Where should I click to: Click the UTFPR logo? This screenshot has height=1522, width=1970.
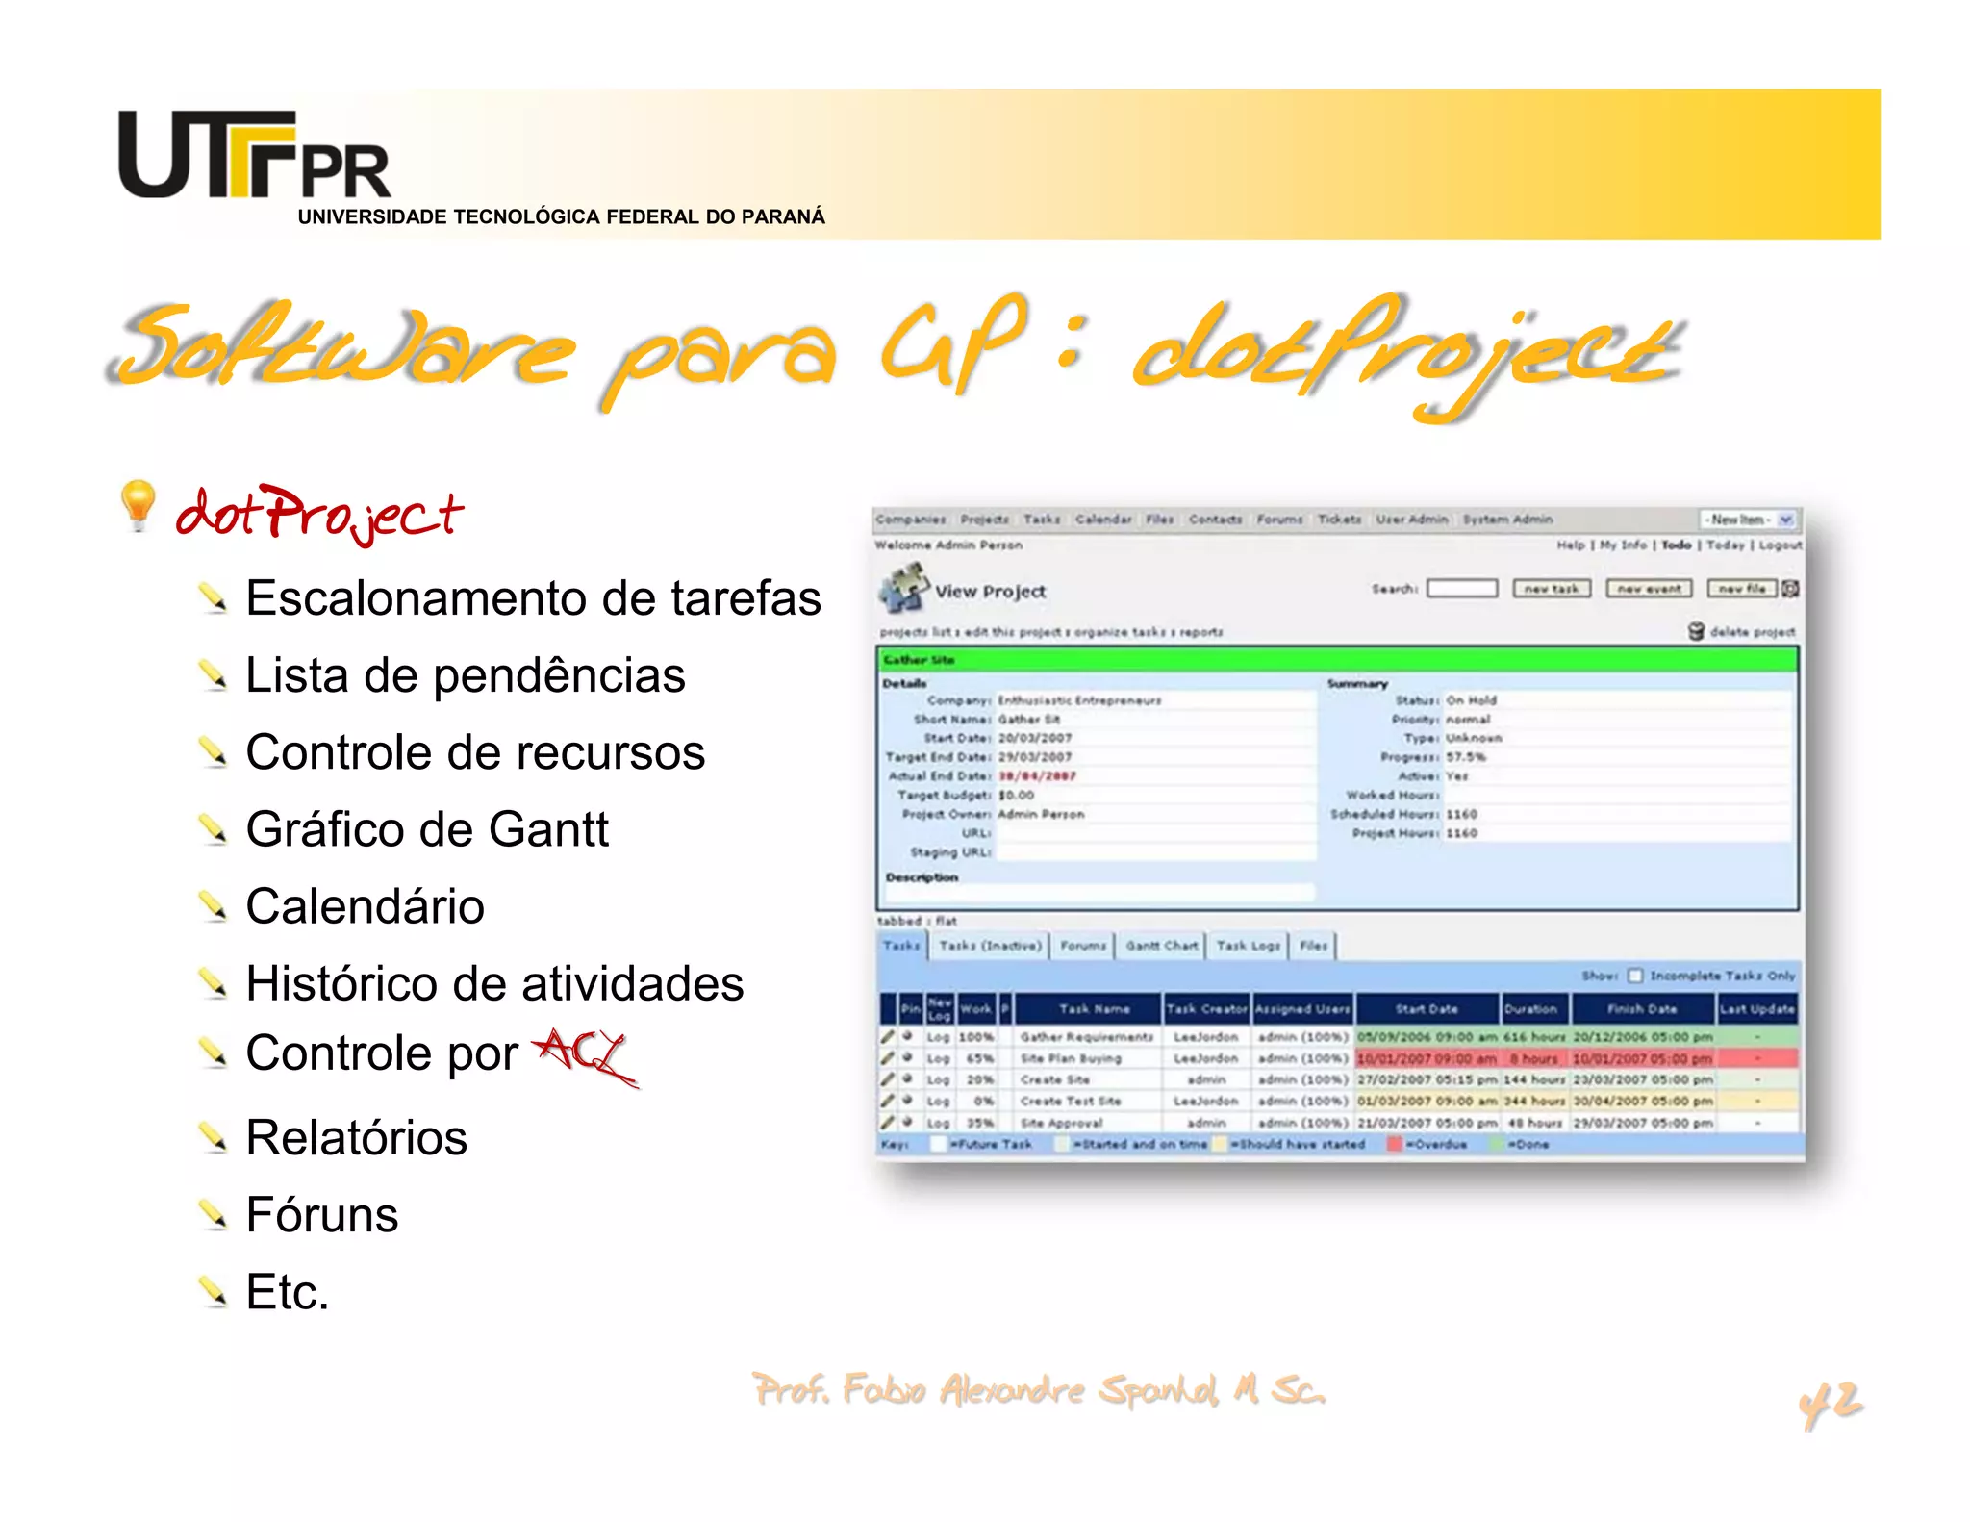tap(254, 156)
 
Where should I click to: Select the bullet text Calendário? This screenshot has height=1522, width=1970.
tap(365, 906)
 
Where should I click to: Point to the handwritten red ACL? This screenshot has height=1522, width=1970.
tap(585, 1054)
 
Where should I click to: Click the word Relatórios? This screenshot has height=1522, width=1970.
tap(356, 1137)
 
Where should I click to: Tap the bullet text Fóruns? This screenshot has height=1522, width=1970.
tap(321, 1214)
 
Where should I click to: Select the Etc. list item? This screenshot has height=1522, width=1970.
tap(287, 1291)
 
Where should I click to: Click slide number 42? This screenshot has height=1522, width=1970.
tap(1830, 1404)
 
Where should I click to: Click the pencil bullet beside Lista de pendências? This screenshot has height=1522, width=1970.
tap(213, 675)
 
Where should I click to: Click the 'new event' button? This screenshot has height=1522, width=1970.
tap(1649, 589)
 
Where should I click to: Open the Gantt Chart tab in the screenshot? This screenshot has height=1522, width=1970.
tap(1162, 946)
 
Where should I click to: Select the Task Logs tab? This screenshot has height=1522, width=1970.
tap(1248, 946)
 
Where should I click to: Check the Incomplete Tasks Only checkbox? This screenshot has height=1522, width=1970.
tap(1635, 976)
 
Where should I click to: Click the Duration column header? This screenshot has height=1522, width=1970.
tap(1530, 1009)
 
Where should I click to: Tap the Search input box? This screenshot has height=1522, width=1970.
tap(1462, 589)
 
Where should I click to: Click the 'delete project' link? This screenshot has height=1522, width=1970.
tap(1752, 632)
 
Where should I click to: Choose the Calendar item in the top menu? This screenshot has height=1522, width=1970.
tap(1103, 520)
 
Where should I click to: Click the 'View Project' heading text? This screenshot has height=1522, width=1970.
tap(990, 592)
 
